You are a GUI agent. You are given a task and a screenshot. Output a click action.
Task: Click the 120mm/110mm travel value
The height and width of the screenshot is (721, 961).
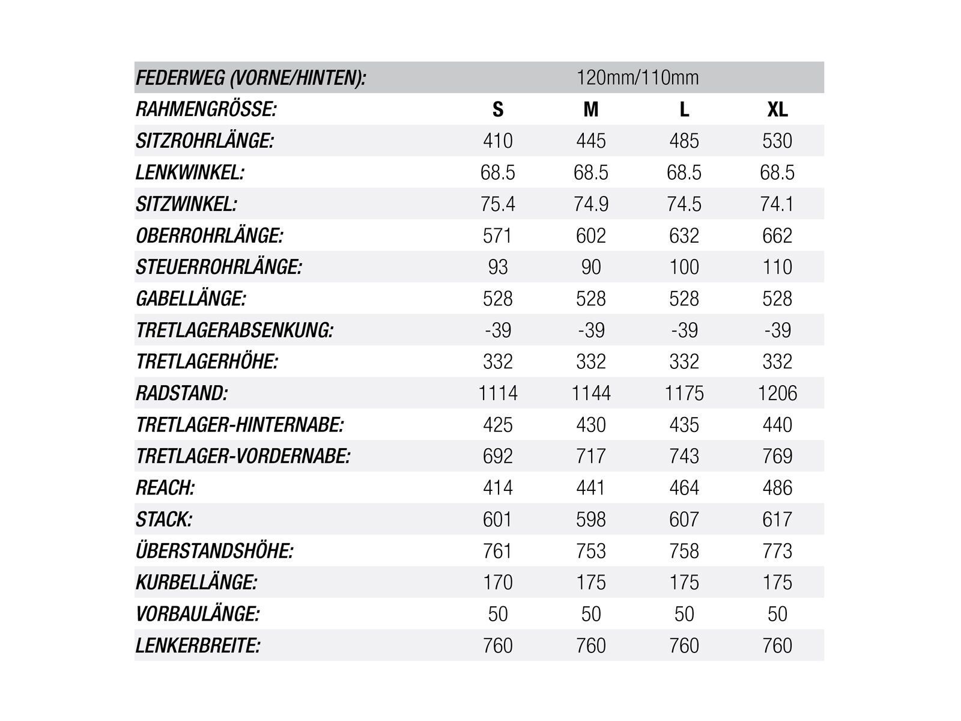tap(637, 78)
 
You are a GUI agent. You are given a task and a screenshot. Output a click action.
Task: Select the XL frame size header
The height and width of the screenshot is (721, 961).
tap(777, 109)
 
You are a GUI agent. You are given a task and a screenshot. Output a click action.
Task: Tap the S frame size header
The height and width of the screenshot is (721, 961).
tap(498, 109)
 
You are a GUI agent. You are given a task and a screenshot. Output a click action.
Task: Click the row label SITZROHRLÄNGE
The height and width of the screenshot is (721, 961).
tap(205, 141)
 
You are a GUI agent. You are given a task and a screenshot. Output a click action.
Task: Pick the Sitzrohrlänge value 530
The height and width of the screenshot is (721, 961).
tap(777, 141)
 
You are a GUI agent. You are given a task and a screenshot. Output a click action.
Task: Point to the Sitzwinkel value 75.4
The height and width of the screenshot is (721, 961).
tap(498, 204)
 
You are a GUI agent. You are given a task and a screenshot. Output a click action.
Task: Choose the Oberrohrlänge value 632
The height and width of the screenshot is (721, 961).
tap(684, 236)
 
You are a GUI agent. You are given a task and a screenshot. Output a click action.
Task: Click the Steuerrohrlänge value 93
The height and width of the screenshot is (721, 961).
tap(498, 267)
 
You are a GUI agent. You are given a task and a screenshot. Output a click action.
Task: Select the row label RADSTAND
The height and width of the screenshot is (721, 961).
tap(182, 394)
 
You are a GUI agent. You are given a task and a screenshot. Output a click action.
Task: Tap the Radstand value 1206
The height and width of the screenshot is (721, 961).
tap(777, 394)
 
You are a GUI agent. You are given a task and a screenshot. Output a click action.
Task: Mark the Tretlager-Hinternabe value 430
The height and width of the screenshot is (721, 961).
tap(591, 425)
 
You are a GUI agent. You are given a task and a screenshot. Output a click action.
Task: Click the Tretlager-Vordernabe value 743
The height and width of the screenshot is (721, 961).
tap(684, 456)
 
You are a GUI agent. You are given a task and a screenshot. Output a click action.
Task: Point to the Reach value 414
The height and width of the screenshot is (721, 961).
tap(498, 488)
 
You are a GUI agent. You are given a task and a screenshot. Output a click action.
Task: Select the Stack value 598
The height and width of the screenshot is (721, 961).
tap(591, 519)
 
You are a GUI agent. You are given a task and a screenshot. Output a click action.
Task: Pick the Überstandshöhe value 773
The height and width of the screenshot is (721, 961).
tap(777, 551)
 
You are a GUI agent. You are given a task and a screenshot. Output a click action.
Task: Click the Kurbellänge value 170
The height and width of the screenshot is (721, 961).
tap(498, 582)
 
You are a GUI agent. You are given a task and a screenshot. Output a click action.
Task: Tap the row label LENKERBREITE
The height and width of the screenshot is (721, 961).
tap(198, 646)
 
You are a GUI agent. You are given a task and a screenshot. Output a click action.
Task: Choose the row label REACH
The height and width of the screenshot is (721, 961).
tap(165, 488)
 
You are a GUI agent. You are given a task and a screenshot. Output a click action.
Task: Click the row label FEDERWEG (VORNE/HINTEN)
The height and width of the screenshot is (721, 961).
tap(250, 78)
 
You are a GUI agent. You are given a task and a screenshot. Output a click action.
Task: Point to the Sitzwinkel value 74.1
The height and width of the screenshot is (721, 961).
tap(777, 204)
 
